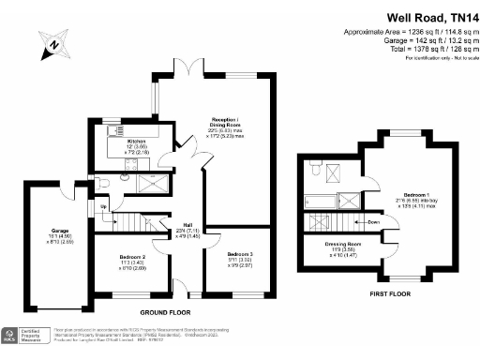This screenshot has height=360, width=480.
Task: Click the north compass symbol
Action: coord(54,42)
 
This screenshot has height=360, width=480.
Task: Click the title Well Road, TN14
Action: coord(427,16)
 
